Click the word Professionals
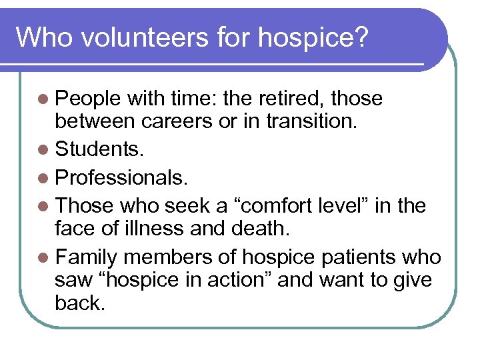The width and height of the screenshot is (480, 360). coord(122,177)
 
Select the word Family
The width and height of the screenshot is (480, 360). coord(87,257)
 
